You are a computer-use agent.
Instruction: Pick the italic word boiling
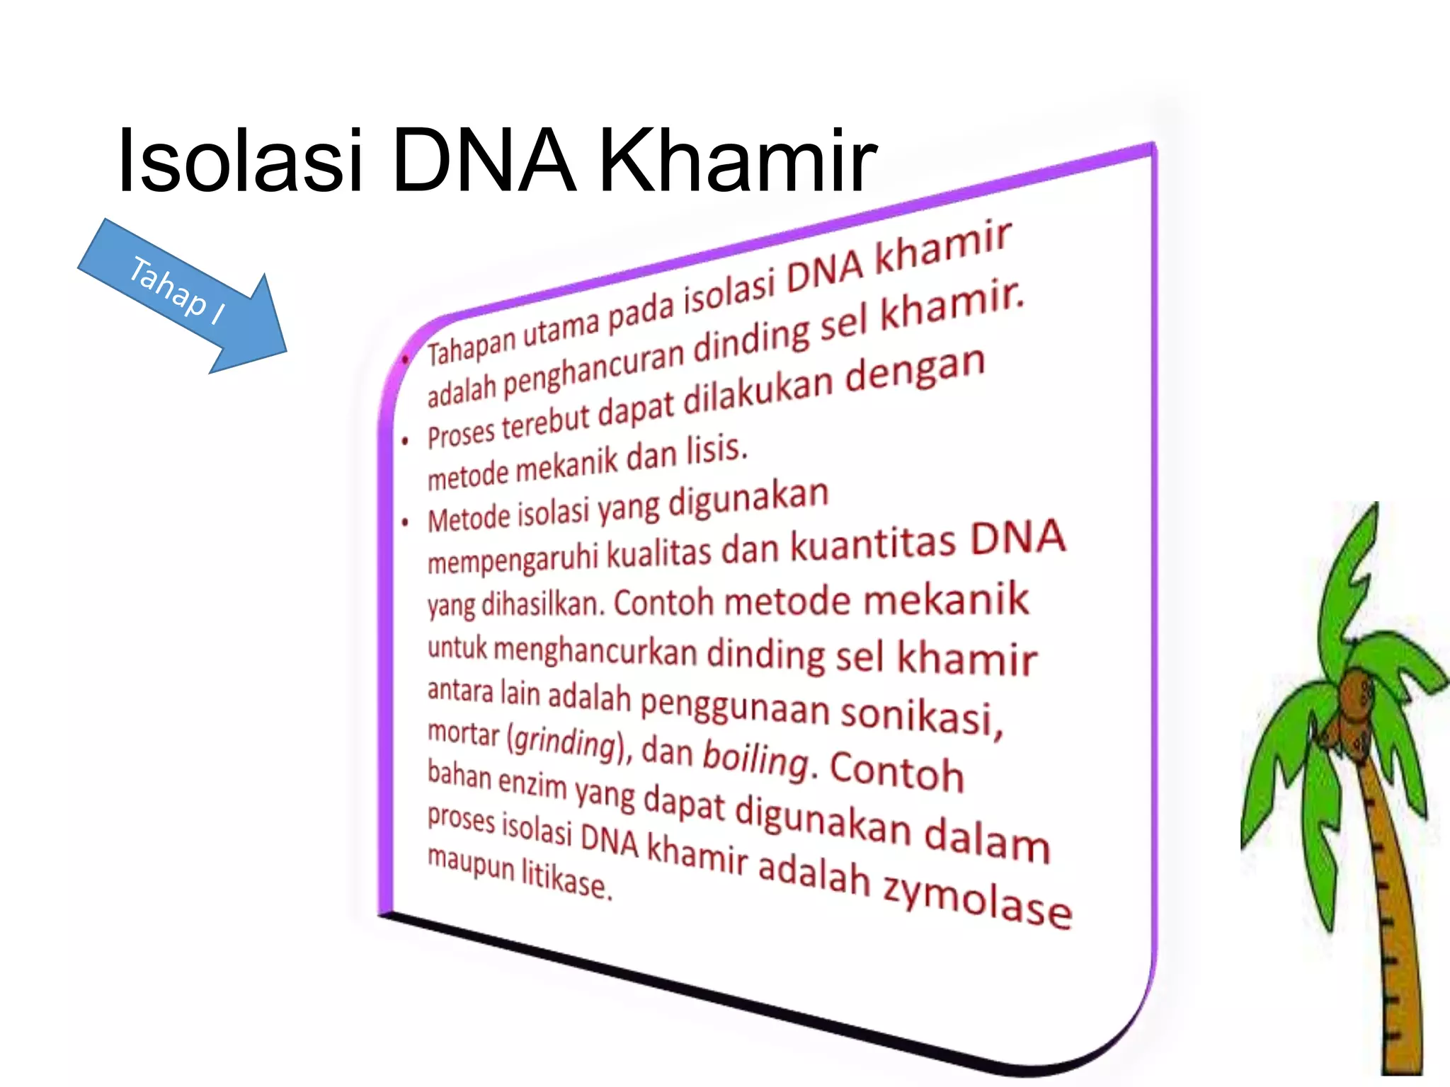pyautogui.click(x=755, y=759)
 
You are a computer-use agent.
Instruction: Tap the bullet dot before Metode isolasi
pyautogui.click(x=405, y=523)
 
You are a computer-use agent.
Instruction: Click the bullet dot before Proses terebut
pyautogui.click(x=405, y=442)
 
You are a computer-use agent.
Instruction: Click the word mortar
pyautogui.click(x=463, y=734)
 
